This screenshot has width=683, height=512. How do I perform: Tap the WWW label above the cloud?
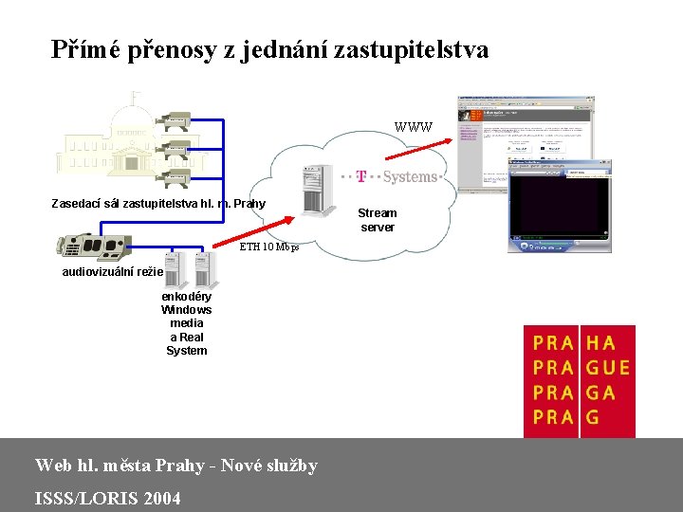pyautogui.click(x=413, y=127)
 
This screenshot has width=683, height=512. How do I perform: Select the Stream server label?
pyautogui.click(x=378, y=220)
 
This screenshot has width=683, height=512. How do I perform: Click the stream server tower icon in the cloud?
pyautogui.click(x=316, y=191)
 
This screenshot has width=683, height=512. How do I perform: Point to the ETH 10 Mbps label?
pyautogui.click(x=268, y=247)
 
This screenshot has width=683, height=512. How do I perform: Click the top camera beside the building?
pyautogui.click(x=174, y=120)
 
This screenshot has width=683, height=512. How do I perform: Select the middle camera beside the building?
pyautogui.click(x=174, y=149)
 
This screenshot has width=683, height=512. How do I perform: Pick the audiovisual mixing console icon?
pyautogui.click(x=100, y=246)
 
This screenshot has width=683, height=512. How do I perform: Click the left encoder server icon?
pyautogui.click(x=173, y=270)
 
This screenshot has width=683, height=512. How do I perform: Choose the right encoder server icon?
pyautogui.click(x=205, y=270)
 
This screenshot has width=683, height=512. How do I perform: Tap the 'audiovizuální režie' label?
pyautogui.click(x=112, y=272)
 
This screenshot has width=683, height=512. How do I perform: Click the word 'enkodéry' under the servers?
pyautogui.click(x=186, y=296)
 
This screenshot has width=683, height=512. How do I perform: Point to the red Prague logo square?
pyautogui.click(x=580, y=381)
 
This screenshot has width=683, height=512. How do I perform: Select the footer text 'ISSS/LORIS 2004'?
pyautogui.click(x=107, y=499)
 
